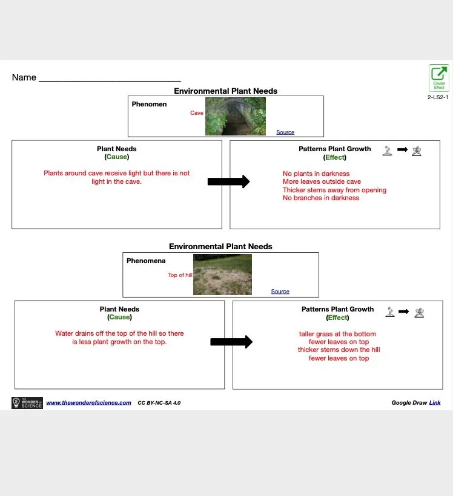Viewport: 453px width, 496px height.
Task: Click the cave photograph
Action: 236,116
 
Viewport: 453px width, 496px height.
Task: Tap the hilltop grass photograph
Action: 222,275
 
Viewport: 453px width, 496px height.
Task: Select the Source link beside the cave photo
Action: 285,132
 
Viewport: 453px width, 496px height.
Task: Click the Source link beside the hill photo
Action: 280,292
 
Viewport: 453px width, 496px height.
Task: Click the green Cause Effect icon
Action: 439,77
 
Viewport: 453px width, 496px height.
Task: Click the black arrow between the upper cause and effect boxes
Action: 228,181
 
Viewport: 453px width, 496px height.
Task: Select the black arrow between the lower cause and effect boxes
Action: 231,342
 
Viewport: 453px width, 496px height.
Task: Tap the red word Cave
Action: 197,113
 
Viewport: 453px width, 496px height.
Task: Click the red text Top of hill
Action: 180,275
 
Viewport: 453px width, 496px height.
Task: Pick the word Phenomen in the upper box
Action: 149,104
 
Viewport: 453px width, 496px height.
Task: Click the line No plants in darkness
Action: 316,174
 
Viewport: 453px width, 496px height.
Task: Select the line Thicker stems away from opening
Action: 334,190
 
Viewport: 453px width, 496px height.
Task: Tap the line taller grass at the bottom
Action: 337,334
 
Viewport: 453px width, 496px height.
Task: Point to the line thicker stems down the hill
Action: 339,350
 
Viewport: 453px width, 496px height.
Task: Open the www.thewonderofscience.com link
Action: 88,403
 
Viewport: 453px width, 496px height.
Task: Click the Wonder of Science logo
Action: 27,403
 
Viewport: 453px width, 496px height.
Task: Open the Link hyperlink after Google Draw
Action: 435,403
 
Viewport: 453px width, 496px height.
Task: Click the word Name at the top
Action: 24,78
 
